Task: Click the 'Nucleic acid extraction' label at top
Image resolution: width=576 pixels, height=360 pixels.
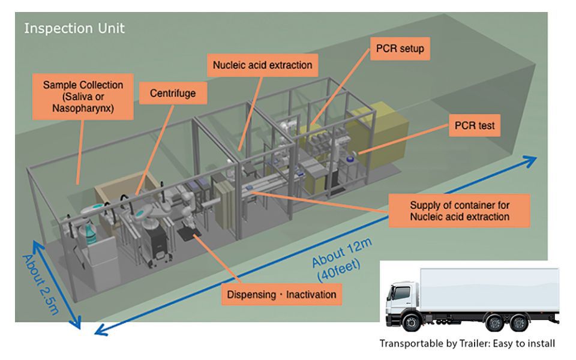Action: pos(261,63)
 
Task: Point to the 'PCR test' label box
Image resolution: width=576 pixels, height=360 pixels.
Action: pos(475,126)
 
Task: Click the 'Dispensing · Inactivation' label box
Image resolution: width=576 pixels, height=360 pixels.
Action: pos(281,294)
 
